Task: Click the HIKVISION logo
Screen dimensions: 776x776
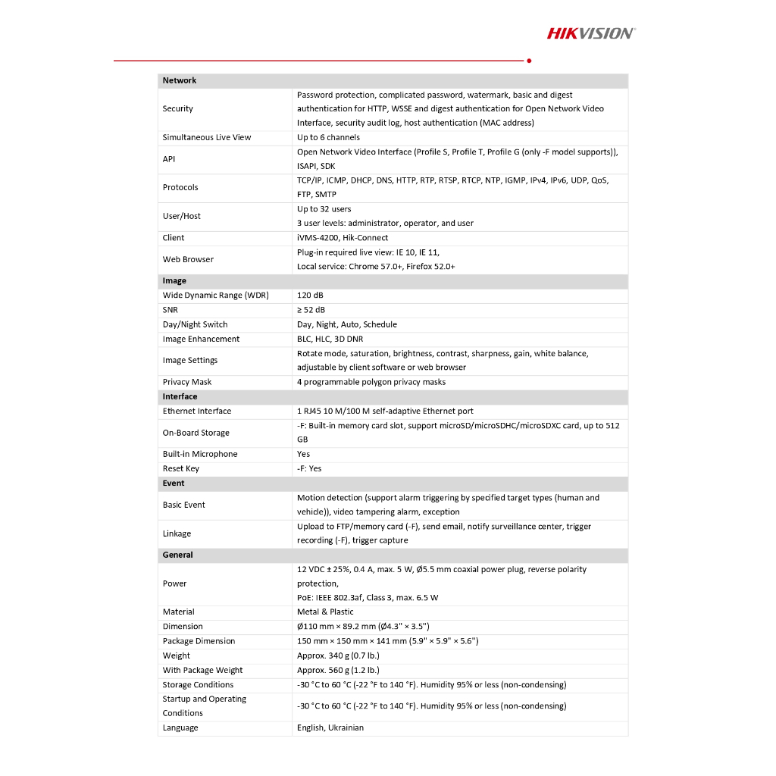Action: click(x=591, y=33)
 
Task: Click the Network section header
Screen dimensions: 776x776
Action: click(x=180, y=80)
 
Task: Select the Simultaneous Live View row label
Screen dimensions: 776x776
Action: click(x=206, y=137)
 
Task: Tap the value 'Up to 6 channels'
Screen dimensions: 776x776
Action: click(x=328, y=137)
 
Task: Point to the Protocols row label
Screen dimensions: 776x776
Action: click(x=180, y=187)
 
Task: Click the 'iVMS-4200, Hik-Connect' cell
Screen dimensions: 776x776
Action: click(x=343, y=237)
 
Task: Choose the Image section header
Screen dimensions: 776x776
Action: click(x=174, y=280)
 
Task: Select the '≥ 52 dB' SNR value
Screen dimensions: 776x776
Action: click(x=311, y=309)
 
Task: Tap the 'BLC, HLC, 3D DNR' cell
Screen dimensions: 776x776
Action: click(x=330, y=339)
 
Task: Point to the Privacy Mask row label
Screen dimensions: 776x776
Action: click(x=187, y=382)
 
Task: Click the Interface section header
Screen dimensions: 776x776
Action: click(x=180, y=396)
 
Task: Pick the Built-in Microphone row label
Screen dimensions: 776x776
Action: click(x=200, y=454)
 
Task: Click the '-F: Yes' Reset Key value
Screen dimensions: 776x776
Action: click(x=309, y=468)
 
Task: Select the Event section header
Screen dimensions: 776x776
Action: click(x=174, y=483)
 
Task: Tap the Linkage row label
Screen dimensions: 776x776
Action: click(x=177, y=533)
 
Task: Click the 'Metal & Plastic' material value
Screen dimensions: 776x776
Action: click(x=325, y=612)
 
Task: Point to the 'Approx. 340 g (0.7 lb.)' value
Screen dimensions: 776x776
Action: click(x=338, y=656)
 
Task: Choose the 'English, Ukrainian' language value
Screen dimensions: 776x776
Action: click(x=330, y=727)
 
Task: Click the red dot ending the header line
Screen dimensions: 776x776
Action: click(x=528, y=60)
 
